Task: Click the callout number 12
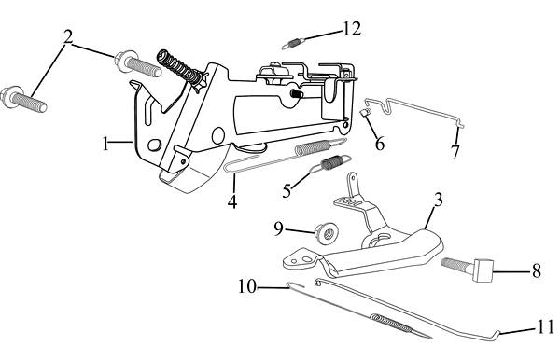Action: coord(352,29)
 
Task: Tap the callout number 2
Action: coord(68,37)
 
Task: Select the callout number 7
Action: coord(455,152)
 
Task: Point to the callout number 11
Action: coord(545,326)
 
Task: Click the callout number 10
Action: coord(247,285)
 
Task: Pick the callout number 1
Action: coord(105,144)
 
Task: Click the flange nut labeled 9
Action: coord(328,234)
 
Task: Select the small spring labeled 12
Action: coord(293,44)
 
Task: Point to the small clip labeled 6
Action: coord(364,113)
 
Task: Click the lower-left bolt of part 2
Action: coord(23,99)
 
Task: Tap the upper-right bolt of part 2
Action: coord(138,63)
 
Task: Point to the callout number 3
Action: coord(439,200)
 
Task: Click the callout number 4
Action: coord(232,201)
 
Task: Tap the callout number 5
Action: coord(287,190)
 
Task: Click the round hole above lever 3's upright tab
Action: coord(353,177)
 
